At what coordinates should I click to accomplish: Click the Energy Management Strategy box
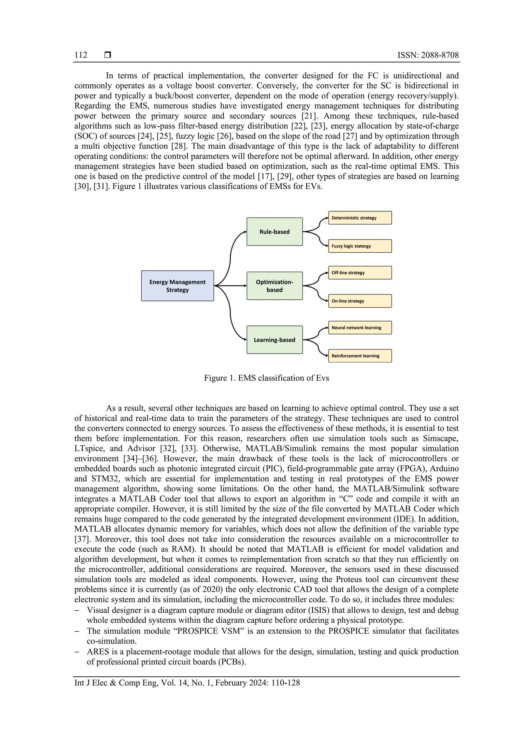tap(177, 286)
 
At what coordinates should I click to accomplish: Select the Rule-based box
tap(274, 232)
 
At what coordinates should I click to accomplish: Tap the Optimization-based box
tap(274, 286)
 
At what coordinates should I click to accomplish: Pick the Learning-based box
tap(274, 340)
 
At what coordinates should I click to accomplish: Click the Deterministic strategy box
tap(360, 218)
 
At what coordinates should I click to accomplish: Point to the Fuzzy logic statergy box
tap(360, 246)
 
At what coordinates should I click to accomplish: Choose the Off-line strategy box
tap(360, 273)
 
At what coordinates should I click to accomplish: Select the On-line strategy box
tap(360, 301)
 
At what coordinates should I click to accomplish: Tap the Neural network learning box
tap(360, 328)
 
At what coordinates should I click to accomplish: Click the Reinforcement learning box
tap(360, 356)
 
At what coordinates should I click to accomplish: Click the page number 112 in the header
tap(81, 55)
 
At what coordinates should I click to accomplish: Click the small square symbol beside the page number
tap(108, 55)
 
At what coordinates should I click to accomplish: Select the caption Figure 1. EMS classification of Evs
tap(267, 378)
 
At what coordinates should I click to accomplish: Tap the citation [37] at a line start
tap(80, 539)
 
